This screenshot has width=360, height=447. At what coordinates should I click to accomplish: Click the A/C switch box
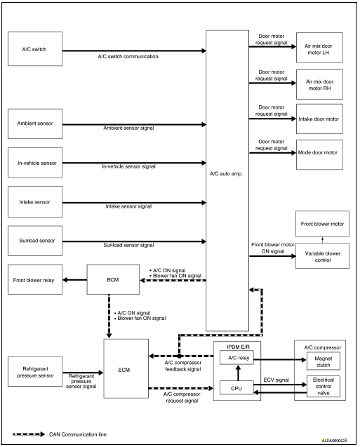click(x=34, y=51)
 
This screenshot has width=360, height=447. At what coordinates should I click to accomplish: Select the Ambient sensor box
click(x=34, y=124)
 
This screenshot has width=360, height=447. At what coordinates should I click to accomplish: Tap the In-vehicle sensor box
click(x=34, y=163)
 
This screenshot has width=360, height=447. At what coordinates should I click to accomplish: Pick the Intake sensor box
click(x=34, y=202)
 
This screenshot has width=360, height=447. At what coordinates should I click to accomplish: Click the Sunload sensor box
click(x=34, y=241)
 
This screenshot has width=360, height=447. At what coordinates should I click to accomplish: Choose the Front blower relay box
click(x=34, y=281)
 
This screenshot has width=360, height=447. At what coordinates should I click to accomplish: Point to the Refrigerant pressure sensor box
click(x=34, y=369)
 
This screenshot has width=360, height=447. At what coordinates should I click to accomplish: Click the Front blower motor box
click(x=321, y=224)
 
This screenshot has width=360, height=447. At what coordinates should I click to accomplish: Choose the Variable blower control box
click(x=321, y=255)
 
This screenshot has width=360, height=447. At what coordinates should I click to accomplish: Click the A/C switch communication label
click(x=127, y=57)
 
